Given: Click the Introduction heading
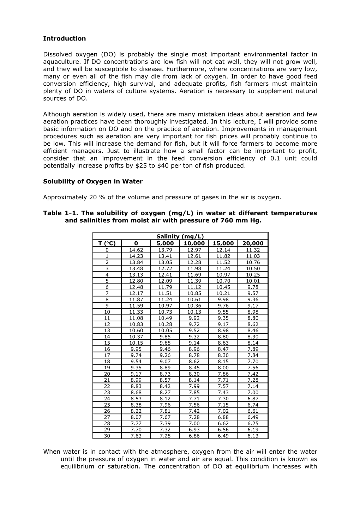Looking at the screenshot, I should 64,38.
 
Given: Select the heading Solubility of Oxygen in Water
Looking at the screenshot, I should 93,181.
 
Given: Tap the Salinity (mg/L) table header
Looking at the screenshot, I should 180,237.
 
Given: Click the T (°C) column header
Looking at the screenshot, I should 107,243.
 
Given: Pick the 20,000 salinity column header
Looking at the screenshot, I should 253,243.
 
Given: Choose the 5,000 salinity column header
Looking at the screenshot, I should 165,243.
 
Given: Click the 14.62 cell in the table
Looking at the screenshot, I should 136,250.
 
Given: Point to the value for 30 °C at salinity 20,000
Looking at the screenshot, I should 253,436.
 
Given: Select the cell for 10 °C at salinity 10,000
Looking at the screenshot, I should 194,312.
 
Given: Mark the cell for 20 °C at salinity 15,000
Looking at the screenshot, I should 223,374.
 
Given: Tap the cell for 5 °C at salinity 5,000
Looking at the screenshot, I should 165,281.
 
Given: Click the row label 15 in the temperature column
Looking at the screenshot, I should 107,343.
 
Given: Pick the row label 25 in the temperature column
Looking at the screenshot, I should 107,405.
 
